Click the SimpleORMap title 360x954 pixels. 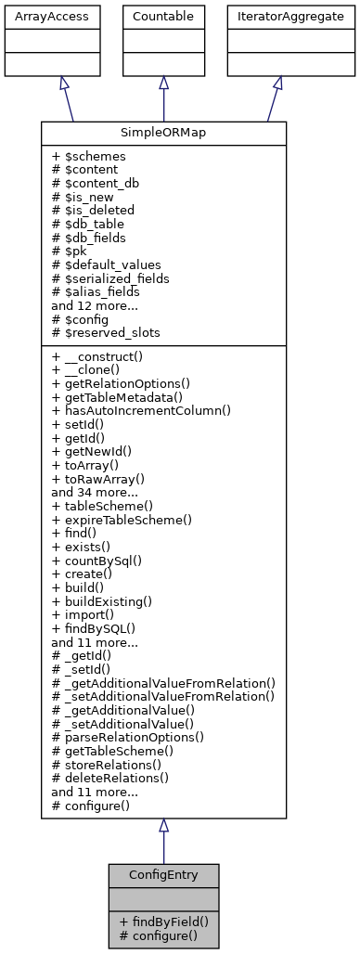tap(163, 133)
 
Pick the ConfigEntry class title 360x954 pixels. tap(163, 875)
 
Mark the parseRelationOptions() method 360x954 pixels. tap(129, 737)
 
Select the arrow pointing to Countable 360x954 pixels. tap(163, 97)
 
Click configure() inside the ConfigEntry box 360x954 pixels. tap(158, 935)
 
